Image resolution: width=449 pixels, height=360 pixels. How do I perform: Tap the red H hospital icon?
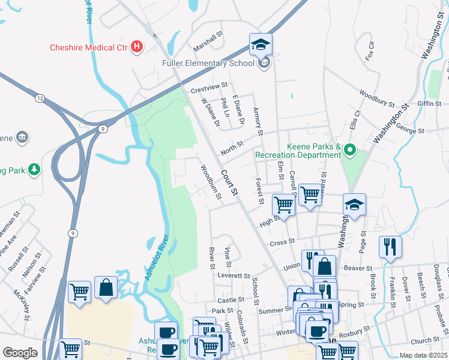(137, 46)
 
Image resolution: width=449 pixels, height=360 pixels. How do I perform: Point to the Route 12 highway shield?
(40, 98)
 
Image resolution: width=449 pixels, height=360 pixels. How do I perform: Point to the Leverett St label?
(234, 276)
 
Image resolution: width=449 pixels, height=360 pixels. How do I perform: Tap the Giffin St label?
(429, 103)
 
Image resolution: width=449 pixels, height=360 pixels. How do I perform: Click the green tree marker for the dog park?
(35, 170)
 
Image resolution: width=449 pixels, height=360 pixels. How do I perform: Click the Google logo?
(20, 353)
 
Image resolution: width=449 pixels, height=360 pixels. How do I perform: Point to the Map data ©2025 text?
(423, 355)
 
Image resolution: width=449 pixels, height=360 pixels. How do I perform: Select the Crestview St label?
(209, 88)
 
